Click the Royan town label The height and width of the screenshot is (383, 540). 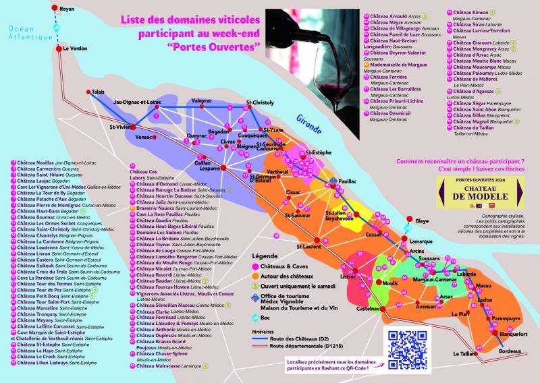67,9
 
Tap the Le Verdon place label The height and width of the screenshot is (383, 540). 75,49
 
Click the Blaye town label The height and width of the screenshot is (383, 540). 422,221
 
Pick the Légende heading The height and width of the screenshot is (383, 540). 264,257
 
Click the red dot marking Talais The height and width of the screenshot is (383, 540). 88,92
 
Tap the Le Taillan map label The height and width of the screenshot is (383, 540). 466,353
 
